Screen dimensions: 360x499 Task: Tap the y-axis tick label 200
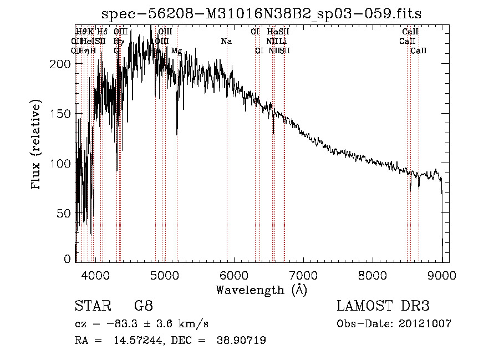coord(62,64)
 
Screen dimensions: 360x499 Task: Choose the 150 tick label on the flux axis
coord(62,114)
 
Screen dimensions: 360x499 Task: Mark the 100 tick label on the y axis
coord(62,164)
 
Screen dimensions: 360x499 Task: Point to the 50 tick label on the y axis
coord(64,214)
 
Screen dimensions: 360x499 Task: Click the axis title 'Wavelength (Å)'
coord(261,290)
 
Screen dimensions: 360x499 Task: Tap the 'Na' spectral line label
coord(226,41)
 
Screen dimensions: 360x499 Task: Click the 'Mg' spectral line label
coord(176,50)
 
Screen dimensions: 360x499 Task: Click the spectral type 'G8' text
coord(143,306)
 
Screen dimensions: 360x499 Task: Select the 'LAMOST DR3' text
coord(383,306)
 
